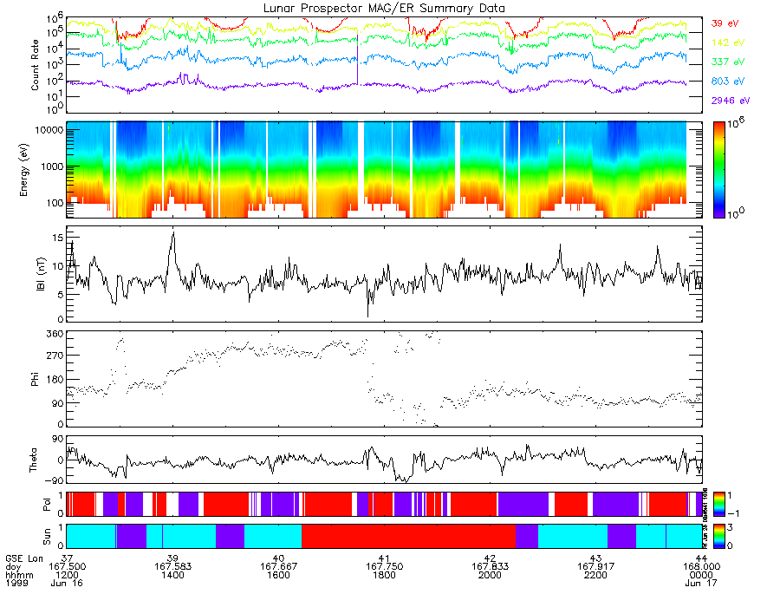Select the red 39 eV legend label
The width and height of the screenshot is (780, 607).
pos(724,23)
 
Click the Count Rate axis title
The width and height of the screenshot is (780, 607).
pos(35,64)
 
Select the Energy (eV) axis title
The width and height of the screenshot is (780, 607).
pos(35,170)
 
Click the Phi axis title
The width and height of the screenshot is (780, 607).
pos(35,379)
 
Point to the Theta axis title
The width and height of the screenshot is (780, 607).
pos(35,460)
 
